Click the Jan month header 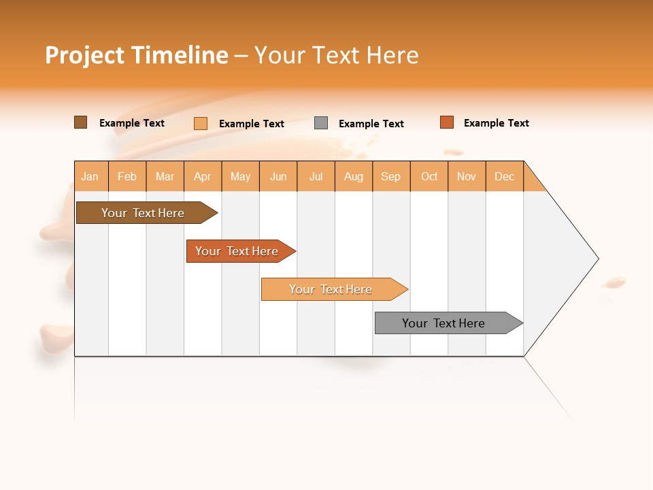tap(90, 176)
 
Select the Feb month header tap(127, 176)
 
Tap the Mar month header tap(165, 176)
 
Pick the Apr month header tap(203, 176)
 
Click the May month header tap(240, 176)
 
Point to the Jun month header tap(278, 176)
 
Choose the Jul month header tap(316, 176)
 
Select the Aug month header tap(354, 176)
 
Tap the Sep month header tap(391, 176)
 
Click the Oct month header tap(429, 176)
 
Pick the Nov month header tap(467, 176)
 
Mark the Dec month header tap(505, 176)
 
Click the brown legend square tap(81, 122)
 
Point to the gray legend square tap(321, 123)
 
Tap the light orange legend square tap(201, 123)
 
